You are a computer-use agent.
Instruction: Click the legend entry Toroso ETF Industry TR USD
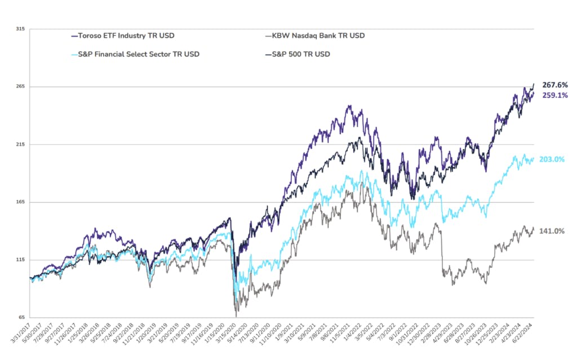(x=122, y=36)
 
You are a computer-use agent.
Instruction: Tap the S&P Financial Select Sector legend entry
(x=135, y=54)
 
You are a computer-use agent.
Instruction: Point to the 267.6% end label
(x=555, y=85)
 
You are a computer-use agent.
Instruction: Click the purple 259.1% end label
(x=555, y=95)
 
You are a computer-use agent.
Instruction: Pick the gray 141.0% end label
(x=552, y=231)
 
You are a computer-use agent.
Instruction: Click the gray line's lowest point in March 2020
(x=236, y=316)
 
